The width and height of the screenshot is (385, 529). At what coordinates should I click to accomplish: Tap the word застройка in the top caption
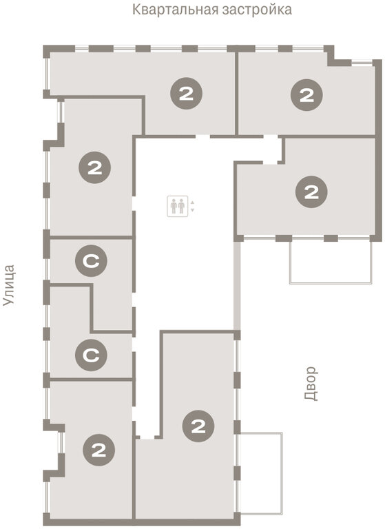[257, 10]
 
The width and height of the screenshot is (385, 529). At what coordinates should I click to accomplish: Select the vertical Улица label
[9, 285]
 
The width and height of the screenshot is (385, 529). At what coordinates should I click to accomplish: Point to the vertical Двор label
[311, 384]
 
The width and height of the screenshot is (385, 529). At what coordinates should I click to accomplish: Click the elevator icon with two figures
[178, 206]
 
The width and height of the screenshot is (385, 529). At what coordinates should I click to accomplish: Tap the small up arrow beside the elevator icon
[192, 203]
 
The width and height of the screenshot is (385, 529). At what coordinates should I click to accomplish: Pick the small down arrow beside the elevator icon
[192, 210]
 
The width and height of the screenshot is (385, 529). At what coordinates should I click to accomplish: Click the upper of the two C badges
[91, 260]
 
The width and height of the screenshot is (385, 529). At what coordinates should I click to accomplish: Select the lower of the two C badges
[91, 355]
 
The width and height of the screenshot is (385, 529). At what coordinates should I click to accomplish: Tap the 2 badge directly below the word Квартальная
[186, 94]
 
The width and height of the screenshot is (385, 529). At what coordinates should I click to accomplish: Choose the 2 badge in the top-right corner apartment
[306, 95]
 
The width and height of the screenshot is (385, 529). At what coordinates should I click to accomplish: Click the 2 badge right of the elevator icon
[311, 191]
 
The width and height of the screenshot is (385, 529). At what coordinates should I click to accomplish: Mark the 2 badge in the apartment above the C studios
[95, 167]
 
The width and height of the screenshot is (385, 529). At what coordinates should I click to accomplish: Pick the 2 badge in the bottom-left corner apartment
[99, 450]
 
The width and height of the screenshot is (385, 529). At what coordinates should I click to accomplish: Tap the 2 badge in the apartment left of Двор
[198, 426]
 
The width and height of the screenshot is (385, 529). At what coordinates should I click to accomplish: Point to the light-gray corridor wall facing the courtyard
[238, 286]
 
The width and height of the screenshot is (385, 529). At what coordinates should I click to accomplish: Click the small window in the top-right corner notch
[362, 62]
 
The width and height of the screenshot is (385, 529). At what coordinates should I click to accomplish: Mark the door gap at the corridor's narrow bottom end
[147, 437]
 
